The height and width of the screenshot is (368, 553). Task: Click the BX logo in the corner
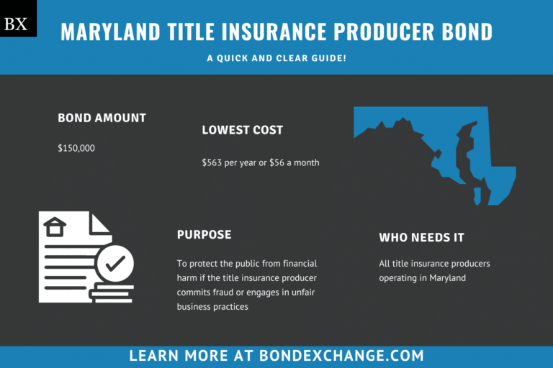tap(16, 24)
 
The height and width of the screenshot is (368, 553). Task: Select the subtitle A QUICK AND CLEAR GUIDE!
tap(276, 57)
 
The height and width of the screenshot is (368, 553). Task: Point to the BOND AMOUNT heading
tap(102, 118)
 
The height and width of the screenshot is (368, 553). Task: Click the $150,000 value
tap(76, 148)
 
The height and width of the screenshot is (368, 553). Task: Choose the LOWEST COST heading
tap(242, 130)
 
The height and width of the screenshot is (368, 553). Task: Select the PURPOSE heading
tap(204, 235)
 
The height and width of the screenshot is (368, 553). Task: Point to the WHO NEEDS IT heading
tap(421, 237)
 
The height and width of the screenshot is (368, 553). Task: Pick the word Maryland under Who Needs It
tap(448, 278)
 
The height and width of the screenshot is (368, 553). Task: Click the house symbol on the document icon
tap(55, 227)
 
